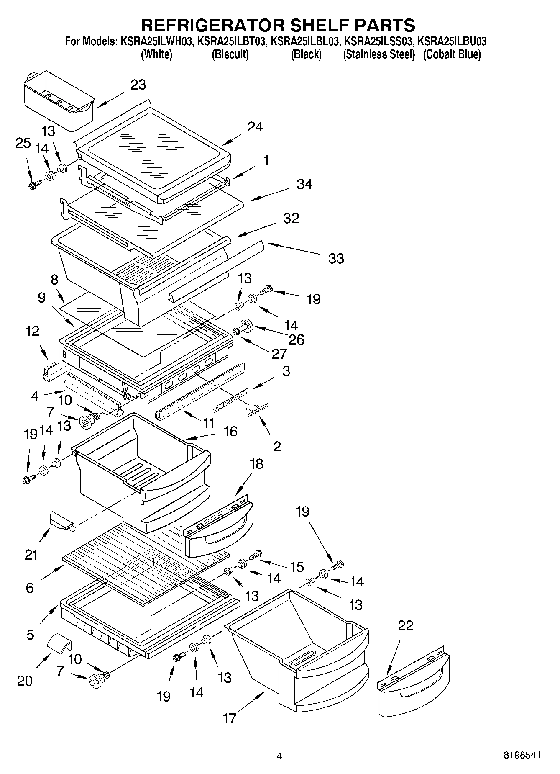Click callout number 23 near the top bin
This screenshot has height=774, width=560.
click(138, 85)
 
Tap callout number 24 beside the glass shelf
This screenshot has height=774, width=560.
click(255, 127)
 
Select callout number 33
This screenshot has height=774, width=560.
click(336, 259)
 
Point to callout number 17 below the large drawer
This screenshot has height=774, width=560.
click(229, 718)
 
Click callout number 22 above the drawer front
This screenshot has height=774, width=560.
click(405, 625)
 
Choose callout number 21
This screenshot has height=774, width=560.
click(31, 555)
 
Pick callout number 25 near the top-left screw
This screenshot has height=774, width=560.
click(23, 143)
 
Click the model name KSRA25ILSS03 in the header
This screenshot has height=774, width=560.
click(378, 41)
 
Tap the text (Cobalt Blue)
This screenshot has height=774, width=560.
click(452, 54)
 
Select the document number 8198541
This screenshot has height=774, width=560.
click(522, 756)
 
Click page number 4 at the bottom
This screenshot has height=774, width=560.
click(279, 756)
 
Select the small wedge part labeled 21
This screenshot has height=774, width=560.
click(61, 520)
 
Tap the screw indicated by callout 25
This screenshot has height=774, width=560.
click(34, 184)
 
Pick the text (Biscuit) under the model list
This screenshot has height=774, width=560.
click(230, 54)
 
